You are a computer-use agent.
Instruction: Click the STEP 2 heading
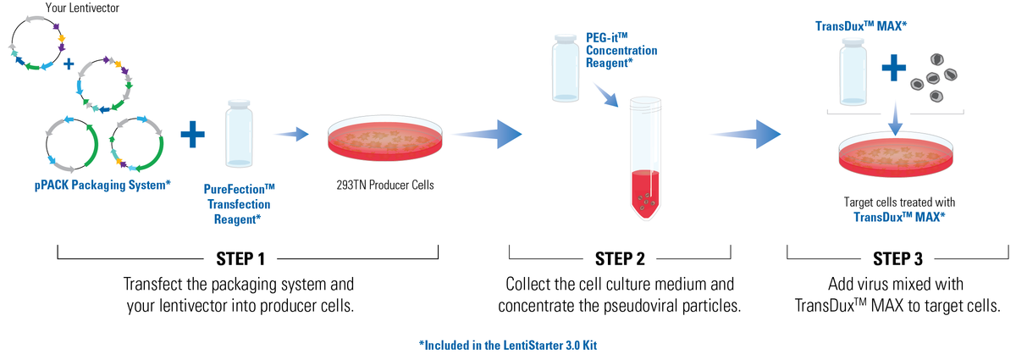click(x=620, y=257)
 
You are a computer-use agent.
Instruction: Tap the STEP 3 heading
click(x=898, y=257)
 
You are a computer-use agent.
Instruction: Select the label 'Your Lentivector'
click(x=80, y=8)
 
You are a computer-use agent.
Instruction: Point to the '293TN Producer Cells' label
click(x=385, y=186)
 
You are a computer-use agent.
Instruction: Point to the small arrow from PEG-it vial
click(x=609, y=95)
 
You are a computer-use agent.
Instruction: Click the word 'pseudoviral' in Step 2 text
click(x=618, y=305)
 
